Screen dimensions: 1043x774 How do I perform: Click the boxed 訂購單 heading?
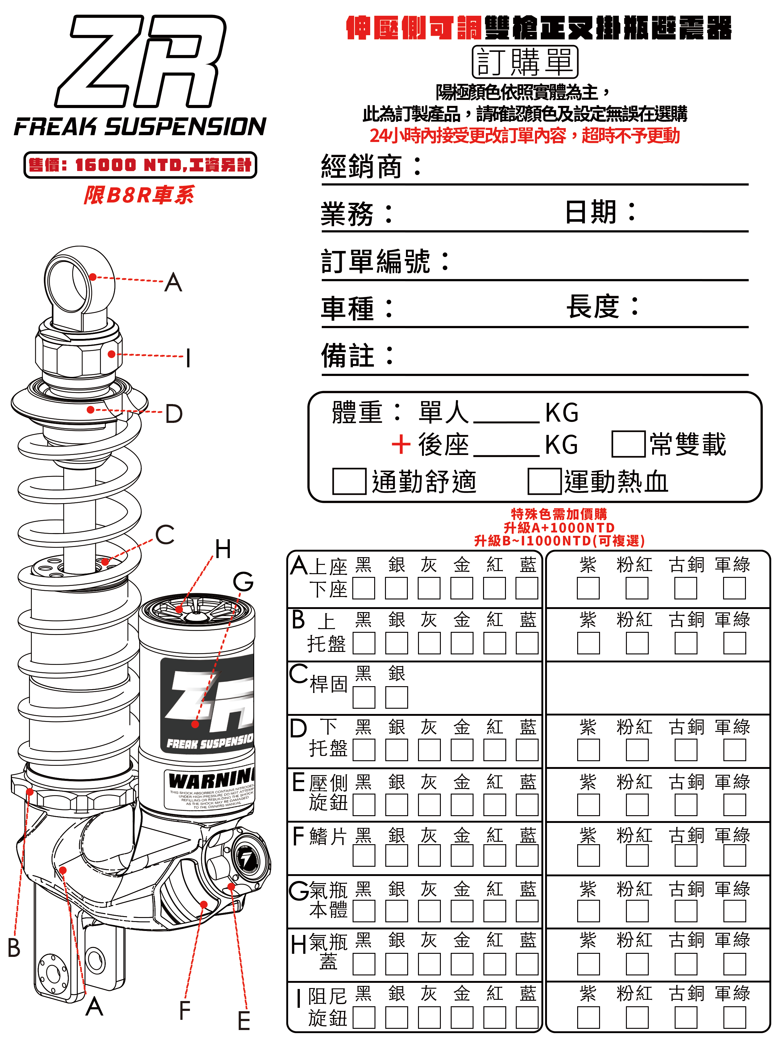coord(525,62)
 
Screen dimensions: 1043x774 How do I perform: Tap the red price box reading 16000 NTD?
coord(140,165)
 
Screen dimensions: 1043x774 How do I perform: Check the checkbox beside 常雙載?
coord(628,444)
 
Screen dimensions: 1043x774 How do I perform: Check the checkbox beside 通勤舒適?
coord(349,482)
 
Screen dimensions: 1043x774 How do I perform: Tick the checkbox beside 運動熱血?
coord(544,482)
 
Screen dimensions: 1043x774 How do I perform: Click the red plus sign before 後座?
coord(401,444)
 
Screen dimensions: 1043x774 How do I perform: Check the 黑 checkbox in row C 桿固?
coord(364,697)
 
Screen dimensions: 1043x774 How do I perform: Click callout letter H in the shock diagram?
coord(223,549)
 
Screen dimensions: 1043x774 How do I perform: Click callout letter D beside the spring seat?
coord(174,414)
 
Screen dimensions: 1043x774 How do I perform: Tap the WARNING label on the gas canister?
coord(211,781)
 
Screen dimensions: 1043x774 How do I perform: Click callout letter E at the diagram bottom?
coord(244,1021)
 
